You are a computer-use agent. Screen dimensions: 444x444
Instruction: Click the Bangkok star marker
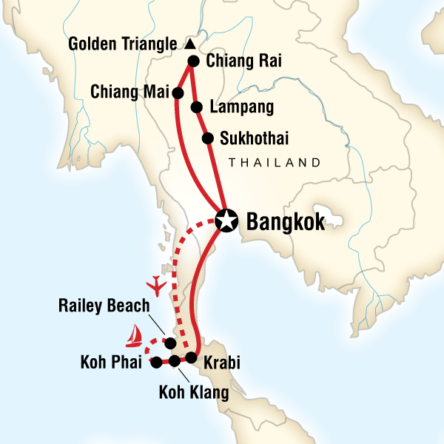point(226,219)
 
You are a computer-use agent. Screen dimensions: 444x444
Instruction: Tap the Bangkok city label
point(284,221)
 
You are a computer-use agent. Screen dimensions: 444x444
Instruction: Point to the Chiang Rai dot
point(193,62)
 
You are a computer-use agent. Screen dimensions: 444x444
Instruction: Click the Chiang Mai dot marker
point(178,92)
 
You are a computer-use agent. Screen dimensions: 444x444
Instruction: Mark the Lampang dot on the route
point(197,107)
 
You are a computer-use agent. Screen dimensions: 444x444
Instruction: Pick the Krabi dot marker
point(191,358)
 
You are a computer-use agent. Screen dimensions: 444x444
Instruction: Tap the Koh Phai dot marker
point(156,362)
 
